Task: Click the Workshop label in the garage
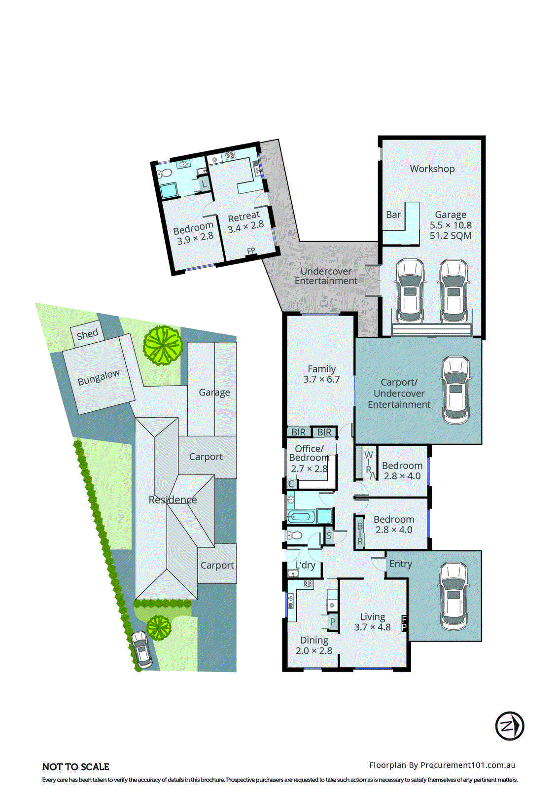(x=432, y=169)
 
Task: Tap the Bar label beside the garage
(x=393, y=215)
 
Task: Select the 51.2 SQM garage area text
(x=450, y=236)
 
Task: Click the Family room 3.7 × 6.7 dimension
(x=321, y=379)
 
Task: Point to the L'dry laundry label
(x=305, y=565)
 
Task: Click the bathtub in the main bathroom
(x=301, y=517)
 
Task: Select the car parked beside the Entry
(x=453, y=596)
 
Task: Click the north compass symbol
(x=509, y=726)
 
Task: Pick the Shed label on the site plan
(x=87, y=334)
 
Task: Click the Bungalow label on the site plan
(x=99, y=378)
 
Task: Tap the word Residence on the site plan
(x=173, y=500)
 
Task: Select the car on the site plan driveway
(x=141, y=649)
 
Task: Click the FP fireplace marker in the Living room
(x=404, y=623)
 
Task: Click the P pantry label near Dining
(x=333, y=622)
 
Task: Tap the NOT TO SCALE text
(x=76, y=767)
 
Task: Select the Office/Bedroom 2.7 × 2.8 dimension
(x=309, y=468)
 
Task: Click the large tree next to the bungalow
(x=162, y=345)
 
